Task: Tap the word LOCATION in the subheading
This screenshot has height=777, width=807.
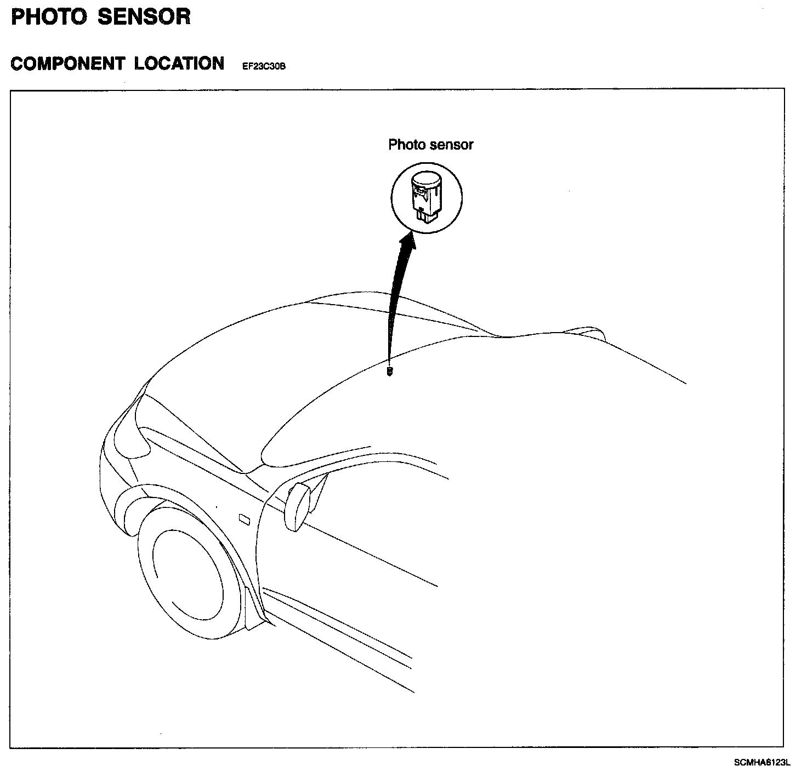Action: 179,64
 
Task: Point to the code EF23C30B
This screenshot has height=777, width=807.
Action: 264,67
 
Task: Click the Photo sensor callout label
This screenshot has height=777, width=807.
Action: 430,145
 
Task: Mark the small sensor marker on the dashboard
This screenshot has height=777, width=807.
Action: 390,371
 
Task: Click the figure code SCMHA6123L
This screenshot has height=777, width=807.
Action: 763,762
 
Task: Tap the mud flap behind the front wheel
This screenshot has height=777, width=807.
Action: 255,608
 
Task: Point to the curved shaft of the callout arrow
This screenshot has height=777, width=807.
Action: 395,307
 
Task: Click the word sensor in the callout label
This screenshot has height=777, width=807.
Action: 452,145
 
